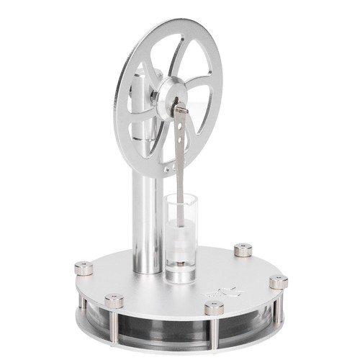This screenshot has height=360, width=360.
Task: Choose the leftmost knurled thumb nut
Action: click(x=84, y=269)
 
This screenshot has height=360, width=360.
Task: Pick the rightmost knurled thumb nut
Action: click(x=279, y=282)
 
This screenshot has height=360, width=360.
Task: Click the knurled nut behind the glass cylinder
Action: click(x=243, y=250)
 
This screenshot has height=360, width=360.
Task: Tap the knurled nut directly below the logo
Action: click(x=214, y=308)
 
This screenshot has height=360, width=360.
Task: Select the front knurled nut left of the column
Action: click(x=114, y=300)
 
